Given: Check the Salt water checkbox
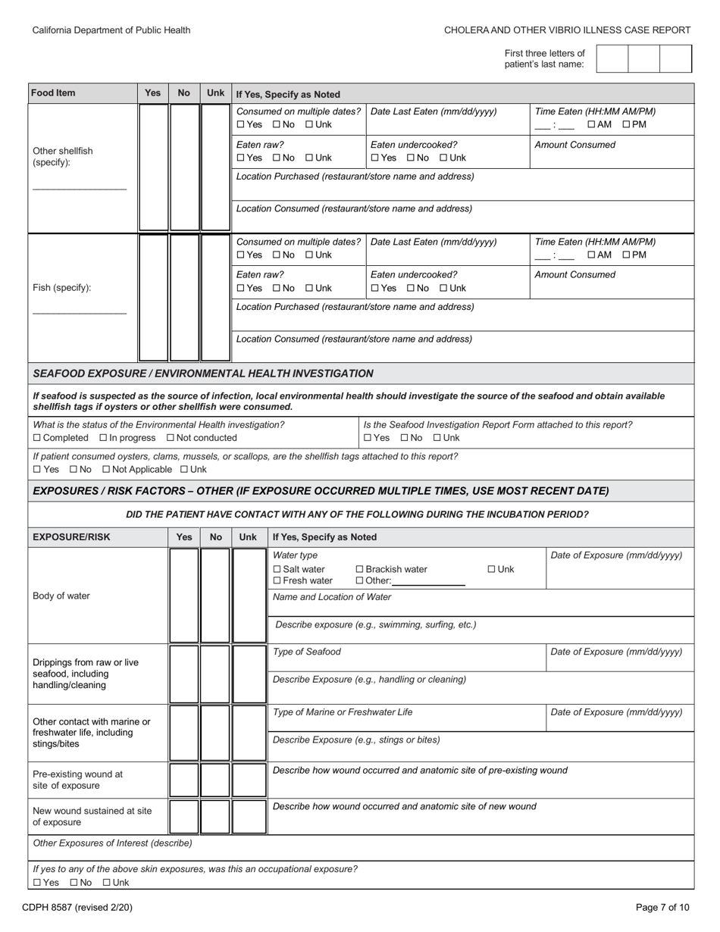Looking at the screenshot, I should pyautogui.click(x=277, y=569).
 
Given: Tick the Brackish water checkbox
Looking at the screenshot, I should pyautogui.click(x=360, y=569).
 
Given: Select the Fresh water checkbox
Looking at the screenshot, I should pyautogui.click(x=277, y=580).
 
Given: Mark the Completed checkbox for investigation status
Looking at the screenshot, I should pyautogui.click(x=37, y=438).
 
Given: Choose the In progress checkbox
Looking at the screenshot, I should pyautogui.click(x=103, y=438).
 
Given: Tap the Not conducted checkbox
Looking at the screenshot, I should pyautogui.click(x=171, y=438).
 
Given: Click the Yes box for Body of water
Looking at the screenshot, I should pyautogui.click(x=184, y=595).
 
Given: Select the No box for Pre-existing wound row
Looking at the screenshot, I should pyautogui.click(x=215, y=780).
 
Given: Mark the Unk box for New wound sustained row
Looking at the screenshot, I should pyautogui.click(x=248, y=816).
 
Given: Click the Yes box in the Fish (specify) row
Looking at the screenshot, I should pyautogui.click(x=152, y=298).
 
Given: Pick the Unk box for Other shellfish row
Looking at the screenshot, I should pyautogui.click(x=215, y=167).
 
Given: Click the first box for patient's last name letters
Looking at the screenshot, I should pyautogui.click(x=612, y=58).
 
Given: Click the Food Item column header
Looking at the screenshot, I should pyautogui.click(x=53, y=93).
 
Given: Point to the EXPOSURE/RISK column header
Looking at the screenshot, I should pyautogui.click(x=71, y=537).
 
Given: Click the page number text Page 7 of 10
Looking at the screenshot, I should pyautogui.click(x=662, y=907).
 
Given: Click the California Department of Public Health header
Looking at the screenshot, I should pyautogui.click(x=111, y=30).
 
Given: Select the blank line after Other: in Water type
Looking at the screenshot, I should pyautogui.click(x=428, y=581).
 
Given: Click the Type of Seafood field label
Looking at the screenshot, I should pyautogui.click(x=307, y=652).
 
